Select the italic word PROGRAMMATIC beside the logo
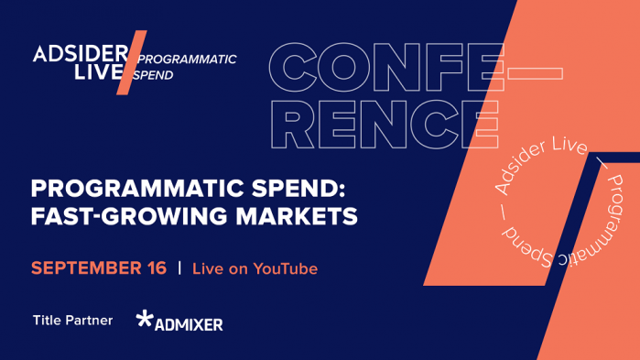pyautogui.click(x=188, y=60)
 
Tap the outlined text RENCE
pyautogui.click(x=384, y=124)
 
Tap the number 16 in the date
pyautogui.click(x=154, y=268)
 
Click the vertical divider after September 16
pyautogui.click(x=179, y=268)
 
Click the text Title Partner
pyautogui.click(x=72, y=321)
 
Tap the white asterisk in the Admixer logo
pyautogui.click(x=145, y=320)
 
